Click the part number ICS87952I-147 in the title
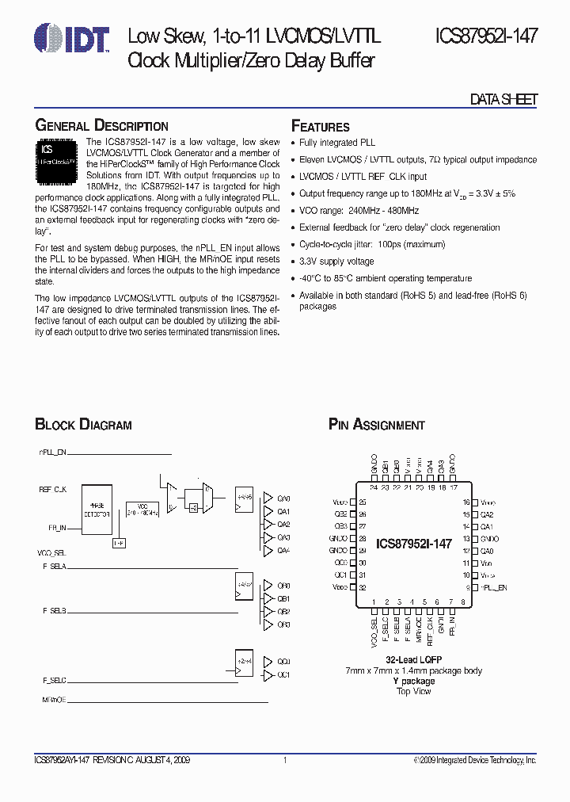coord(486,36)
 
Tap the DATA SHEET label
coord(504,99)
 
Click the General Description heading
coord(102,126)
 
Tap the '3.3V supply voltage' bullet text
coord(337,261)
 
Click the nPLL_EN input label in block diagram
coord(53,451)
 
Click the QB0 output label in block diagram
coord(283,586)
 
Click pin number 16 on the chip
coord(466,502)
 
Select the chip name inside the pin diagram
coord(413,544)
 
